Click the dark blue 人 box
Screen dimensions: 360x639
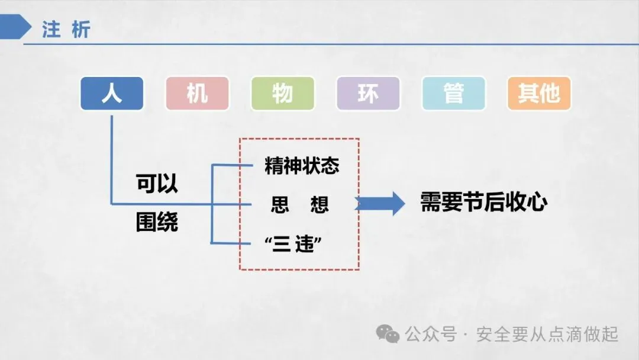click(x=112, y=94)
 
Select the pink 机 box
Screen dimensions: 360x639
click(x=197, y=94)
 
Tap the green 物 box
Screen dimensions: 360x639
click(x=282, y=94)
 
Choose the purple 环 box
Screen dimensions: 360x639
click(x=367, y=94)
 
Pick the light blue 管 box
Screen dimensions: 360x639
click(x=453, y=94)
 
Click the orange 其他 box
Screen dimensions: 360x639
click(x=538, y=94)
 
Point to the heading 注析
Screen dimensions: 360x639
click(x=66, y=30)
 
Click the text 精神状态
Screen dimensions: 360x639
click(x=302, y=166)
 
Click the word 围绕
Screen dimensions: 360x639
click(x=157, y=224)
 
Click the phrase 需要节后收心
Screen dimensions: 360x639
click(x=483, y=202)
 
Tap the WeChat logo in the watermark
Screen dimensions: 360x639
click(x=388, y=335)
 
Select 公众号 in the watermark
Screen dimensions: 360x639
click(x=431, y=335)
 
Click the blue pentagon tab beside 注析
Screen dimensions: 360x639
click(x=15, y=28)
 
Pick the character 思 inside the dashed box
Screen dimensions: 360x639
click(x=280, y=205)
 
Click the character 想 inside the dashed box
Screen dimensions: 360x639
click(x=319, y=205)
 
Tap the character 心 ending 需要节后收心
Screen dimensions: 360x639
click(x=537, y=202)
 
